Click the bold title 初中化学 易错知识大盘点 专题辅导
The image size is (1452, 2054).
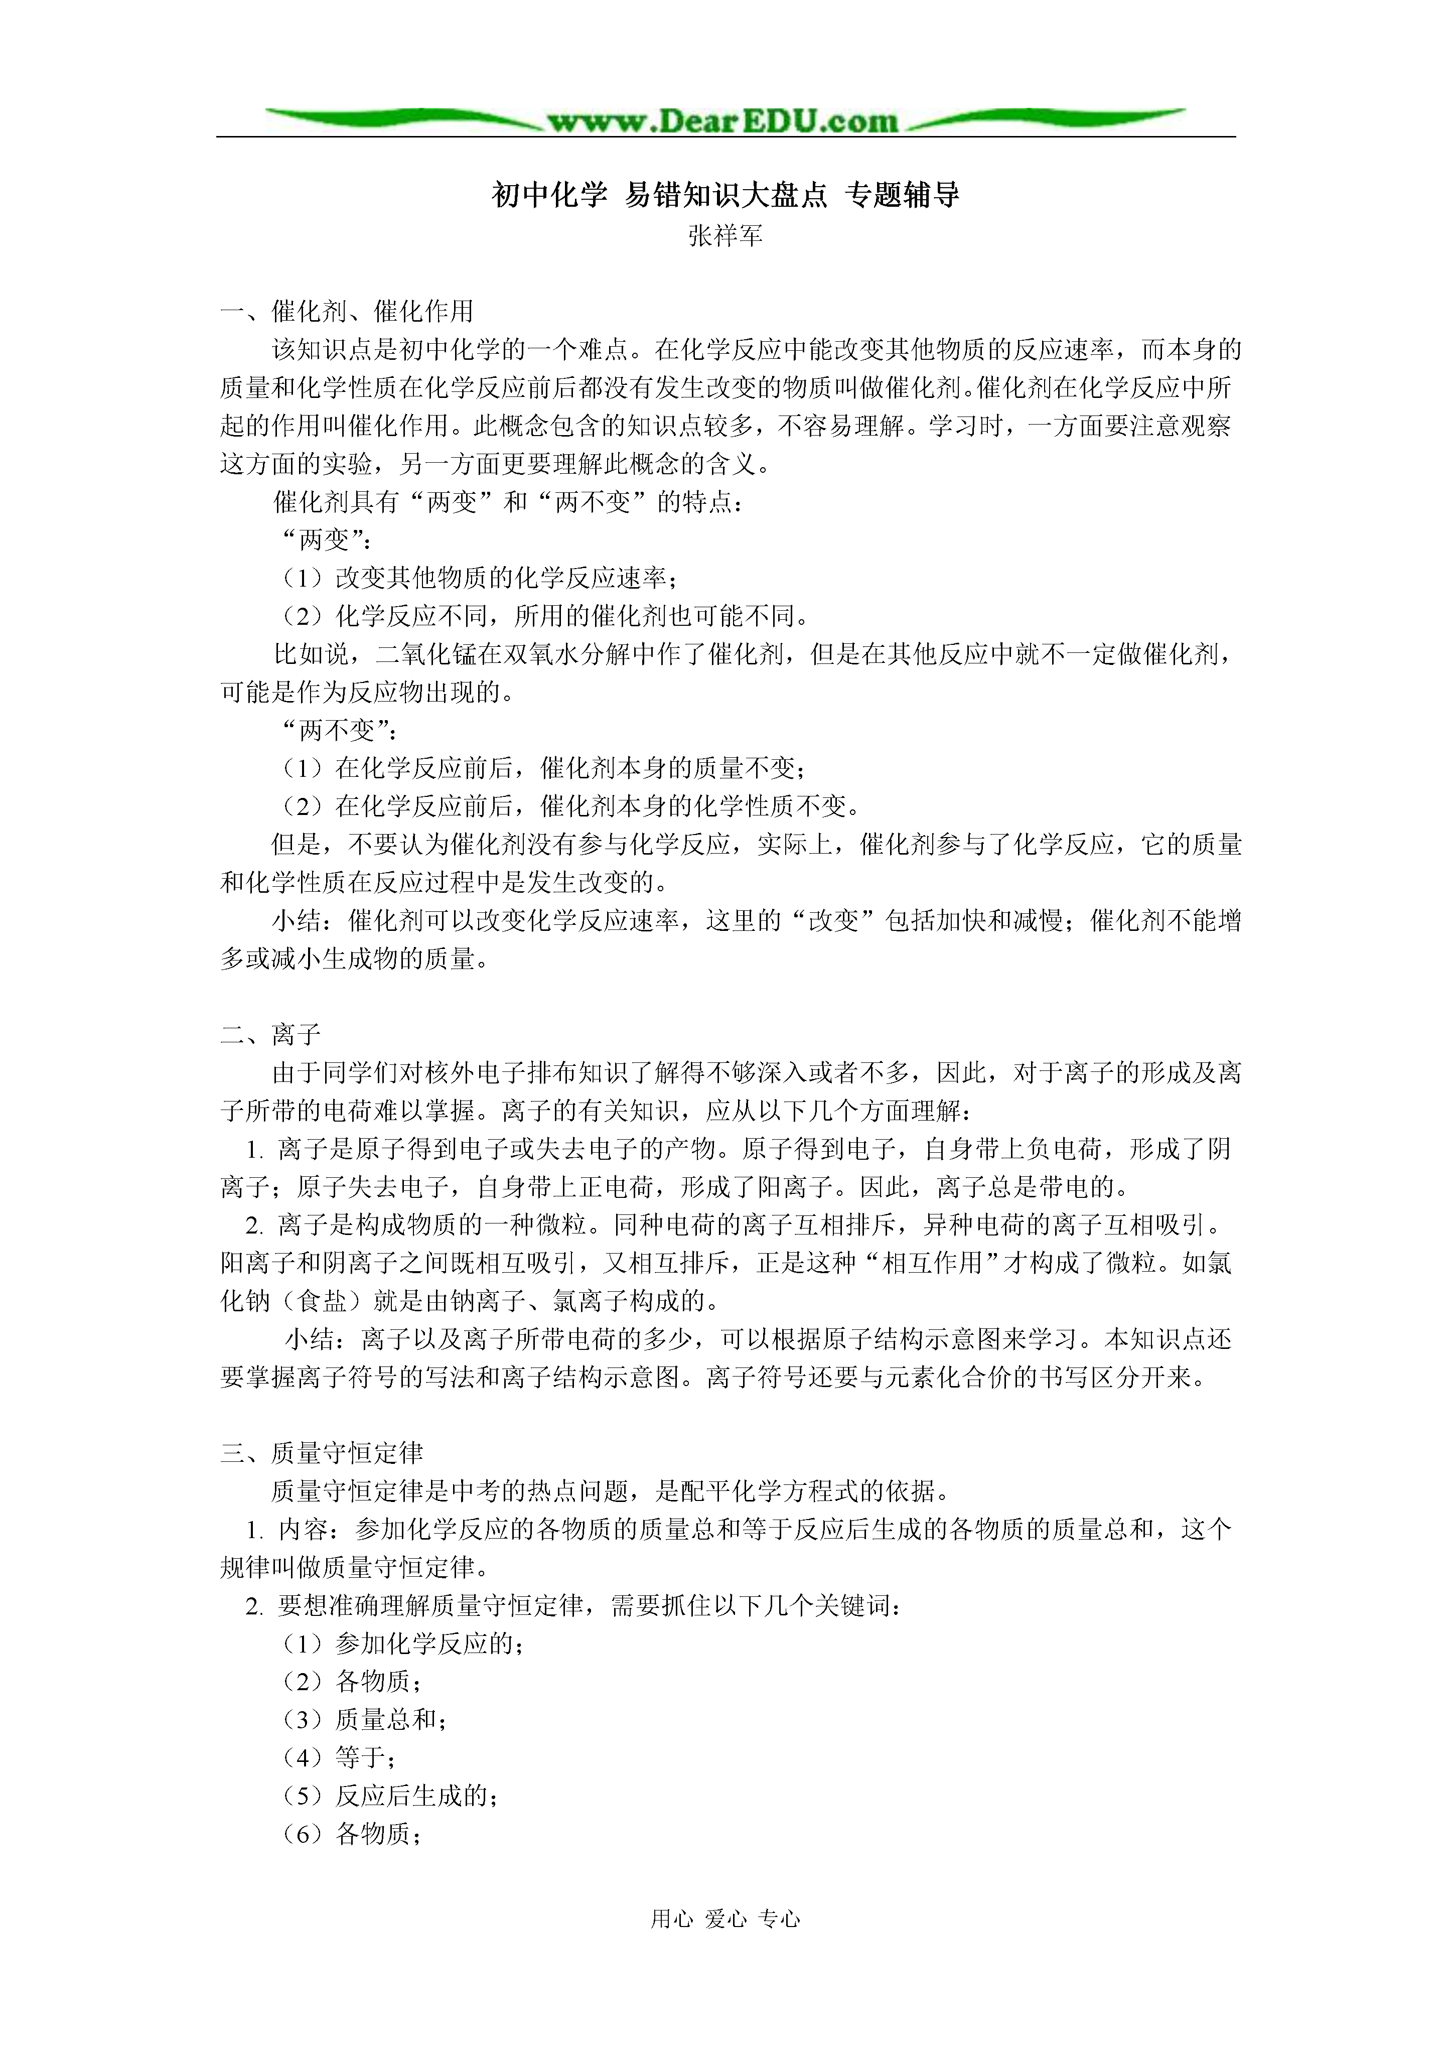[725, 195]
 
